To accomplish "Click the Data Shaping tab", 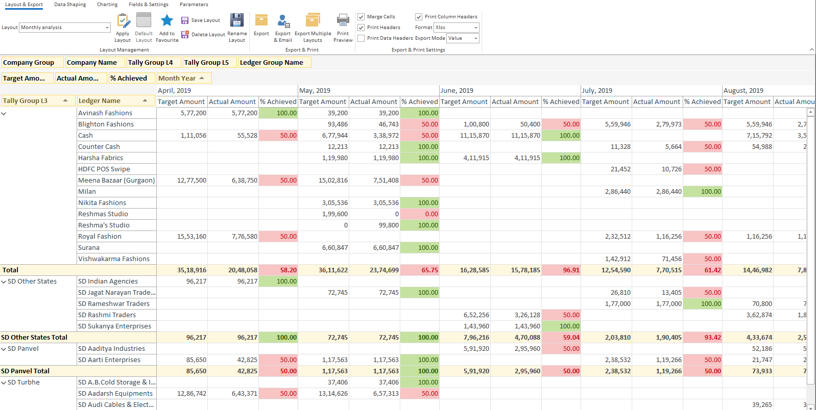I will [x=70, y=5].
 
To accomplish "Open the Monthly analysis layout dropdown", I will [x=107, y=28].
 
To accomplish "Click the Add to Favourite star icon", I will [x=167, y=21].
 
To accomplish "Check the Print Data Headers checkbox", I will [x=362, y=38].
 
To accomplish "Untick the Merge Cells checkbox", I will [x=362, y=17].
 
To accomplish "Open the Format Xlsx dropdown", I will [x=476, y=28].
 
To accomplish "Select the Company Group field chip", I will [x=32, y=63].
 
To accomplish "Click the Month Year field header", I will [x=177, y=78].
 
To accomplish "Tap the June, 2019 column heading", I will [x=457, y=90].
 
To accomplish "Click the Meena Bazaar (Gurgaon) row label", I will [x=116, y=181].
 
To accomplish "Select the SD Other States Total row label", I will [x=34, y=338].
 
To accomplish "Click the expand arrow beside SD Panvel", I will [x=4, y=349].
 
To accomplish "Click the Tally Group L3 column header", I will [x=26, y=101].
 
